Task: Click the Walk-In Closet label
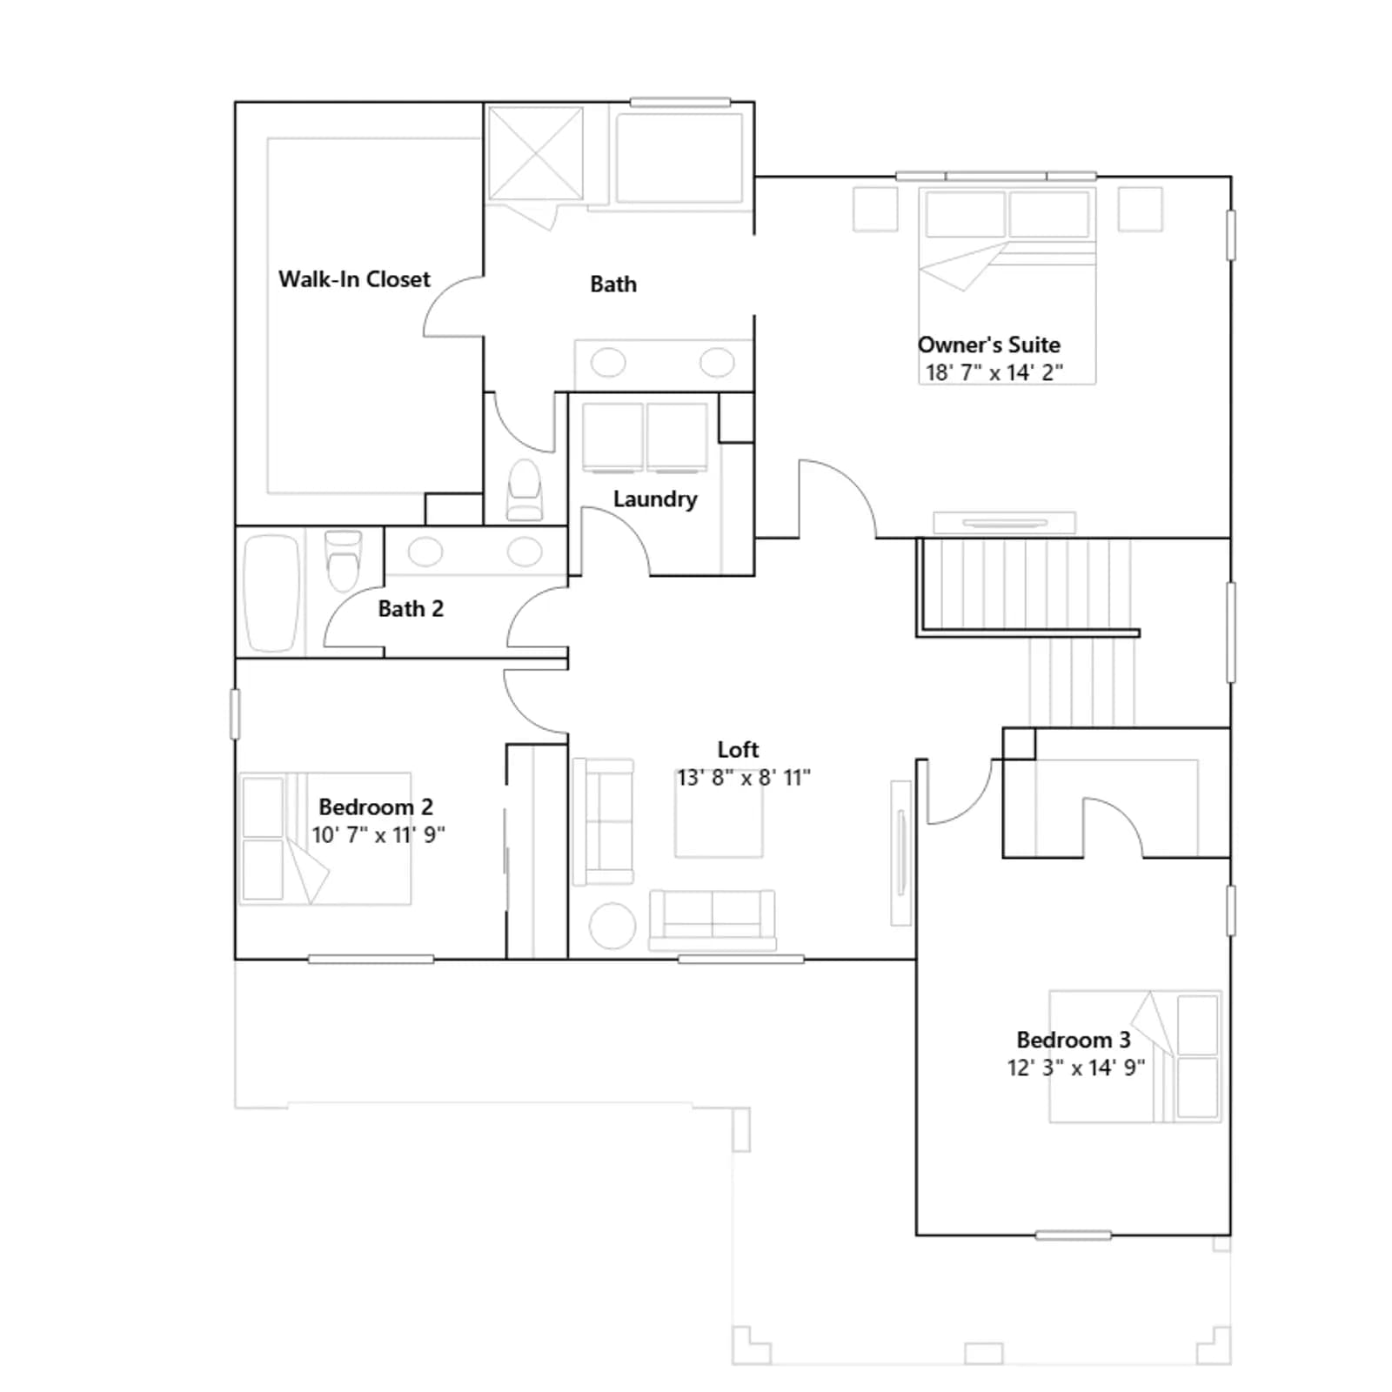coord(354,279)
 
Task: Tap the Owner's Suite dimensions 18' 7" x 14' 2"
coord(994,372)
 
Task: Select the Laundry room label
coord(655,499)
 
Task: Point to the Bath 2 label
coord(411,608)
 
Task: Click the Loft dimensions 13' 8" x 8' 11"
coord(744,777)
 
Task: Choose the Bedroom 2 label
coord(376,806)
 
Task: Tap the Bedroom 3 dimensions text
coord(1076,1067)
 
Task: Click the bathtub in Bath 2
coord(271,593)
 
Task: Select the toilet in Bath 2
coord(343,561)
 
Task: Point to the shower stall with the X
coord(535,154)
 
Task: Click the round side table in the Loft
coord(612,926)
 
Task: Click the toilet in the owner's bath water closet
coord(525,491)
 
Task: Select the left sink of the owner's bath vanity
coord(608,362)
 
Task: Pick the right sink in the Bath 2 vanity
coord(525,551)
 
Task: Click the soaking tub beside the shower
coord(679,157)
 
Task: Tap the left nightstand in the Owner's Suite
coord(875,209)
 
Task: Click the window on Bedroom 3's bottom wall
coord(1074,1235)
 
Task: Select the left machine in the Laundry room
coord(612,437)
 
